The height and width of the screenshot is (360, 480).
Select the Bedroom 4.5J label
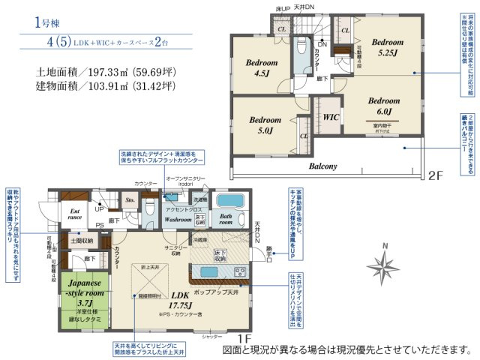point(262,68)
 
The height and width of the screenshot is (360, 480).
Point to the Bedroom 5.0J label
point(265,125)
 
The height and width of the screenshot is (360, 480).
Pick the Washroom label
point(178,220)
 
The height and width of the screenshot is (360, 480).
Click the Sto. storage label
point(129,201)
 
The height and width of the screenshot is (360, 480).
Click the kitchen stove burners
point(240,271)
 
